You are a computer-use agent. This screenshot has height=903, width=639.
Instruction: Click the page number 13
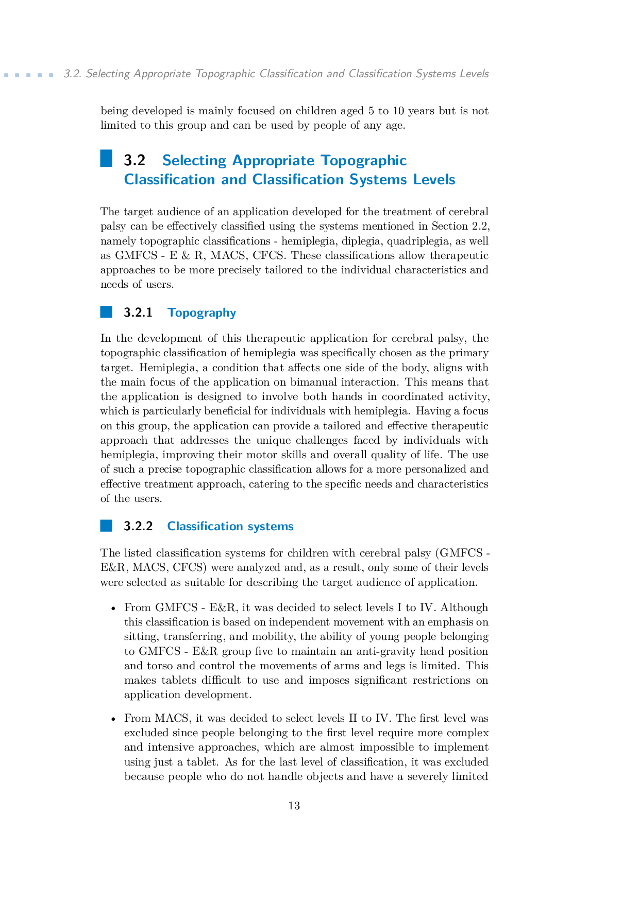tap(294, 806)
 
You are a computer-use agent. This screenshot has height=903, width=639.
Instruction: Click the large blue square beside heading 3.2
tap(106, 158)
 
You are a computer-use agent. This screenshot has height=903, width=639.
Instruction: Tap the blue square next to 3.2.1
tap(106, 312)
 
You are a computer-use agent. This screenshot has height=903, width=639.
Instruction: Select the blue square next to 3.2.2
tap(106, 526)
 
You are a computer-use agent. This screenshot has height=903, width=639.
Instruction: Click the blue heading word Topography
tap(201, 313)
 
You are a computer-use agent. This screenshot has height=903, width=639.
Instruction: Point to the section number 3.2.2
tap(138, 526)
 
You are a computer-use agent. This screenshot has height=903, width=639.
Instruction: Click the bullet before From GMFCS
tap(113, 608)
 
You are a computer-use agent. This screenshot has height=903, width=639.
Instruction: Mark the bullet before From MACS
tap(113, 719)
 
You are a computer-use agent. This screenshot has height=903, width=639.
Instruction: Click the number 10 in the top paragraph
tap(398, 111)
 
